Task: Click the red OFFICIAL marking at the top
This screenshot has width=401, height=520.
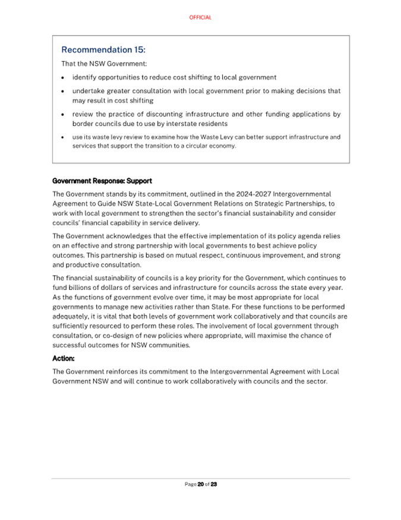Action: [x=200, y=18]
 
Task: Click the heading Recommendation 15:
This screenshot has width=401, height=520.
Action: [x=103, y=50]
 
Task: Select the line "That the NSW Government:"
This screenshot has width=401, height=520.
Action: [x=96, y=64]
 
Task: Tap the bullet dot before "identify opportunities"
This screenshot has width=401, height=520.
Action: [x=64, y=78]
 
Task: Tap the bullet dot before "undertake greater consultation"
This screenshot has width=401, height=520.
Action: [x=64, y=92]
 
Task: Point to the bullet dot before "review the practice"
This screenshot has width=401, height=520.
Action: [x=64, y=114]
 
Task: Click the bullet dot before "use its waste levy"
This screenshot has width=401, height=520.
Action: [x=64, y=137]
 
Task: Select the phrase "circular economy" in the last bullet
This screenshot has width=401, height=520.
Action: [x=213, y=146]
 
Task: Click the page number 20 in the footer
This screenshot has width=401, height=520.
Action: [x=201, y=484]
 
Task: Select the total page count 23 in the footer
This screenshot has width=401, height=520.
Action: [x=214, y=484]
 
